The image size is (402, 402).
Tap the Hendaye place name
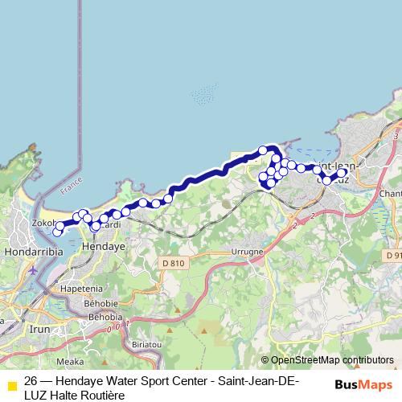pyautogui.click(x=105, y=248)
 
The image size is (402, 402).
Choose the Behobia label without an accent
pyautogui.click(x=105, y=318)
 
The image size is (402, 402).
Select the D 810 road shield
pyautogui.click(x=173, y=263)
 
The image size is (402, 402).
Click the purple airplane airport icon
pyautogui.click(x=32, y=270)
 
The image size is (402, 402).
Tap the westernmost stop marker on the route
pyautogui.click(x=57, y=232)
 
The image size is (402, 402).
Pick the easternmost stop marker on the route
pyautogui.click(x=342, y=173)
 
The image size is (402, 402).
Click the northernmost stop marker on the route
pyautogui.click(x=263, y=150)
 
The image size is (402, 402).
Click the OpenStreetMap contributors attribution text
pyautogui.click(x=331, y=361)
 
